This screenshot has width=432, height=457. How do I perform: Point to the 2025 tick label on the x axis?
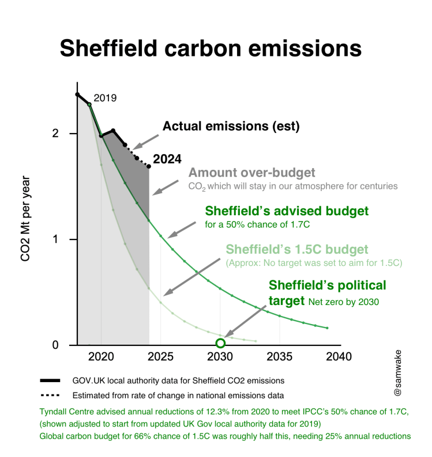click(160, 357)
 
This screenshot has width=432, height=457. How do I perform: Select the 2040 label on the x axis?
click(339, 357)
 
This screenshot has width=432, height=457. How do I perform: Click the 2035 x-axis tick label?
click(279, 357)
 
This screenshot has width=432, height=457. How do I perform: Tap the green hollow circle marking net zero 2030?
click(220, 344)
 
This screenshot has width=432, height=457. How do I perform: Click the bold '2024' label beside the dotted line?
click(167, 159)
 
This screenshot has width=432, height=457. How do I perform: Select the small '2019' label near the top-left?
click(105, 98)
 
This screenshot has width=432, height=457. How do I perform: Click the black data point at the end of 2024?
click(149, 166)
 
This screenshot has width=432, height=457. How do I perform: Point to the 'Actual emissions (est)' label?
click(231, 127)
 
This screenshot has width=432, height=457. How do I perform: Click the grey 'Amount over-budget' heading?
click(252, 173)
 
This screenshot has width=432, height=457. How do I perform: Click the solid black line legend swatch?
click(50, 380)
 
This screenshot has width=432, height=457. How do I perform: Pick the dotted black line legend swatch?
click(50, 395)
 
